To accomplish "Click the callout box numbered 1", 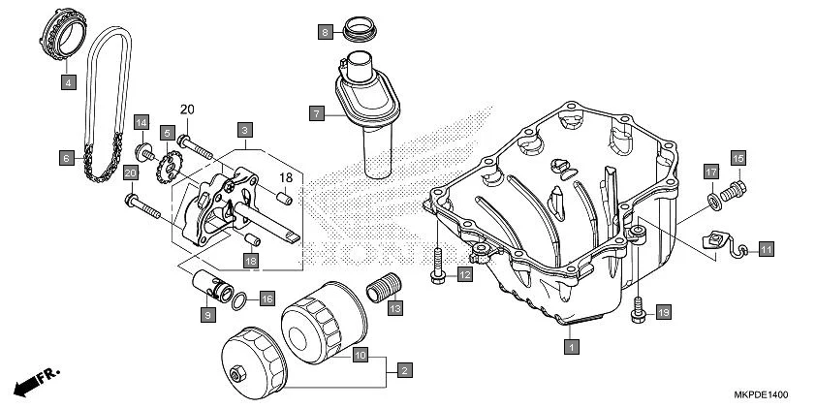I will (572, 344).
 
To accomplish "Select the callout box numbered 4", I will (68, 83).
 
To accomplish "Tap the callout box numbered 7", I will (316, 113).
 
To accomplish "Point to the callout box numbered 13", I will (394, 308).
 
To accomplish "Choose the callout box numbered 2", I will (404, 369).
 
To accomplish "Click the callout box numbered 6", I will (66, 156).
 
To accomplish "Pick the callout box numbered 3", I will (245, 129).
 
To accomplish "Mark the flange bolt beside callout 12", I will (438, 266).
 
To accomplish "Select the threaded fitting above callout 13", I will (383, 289).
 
